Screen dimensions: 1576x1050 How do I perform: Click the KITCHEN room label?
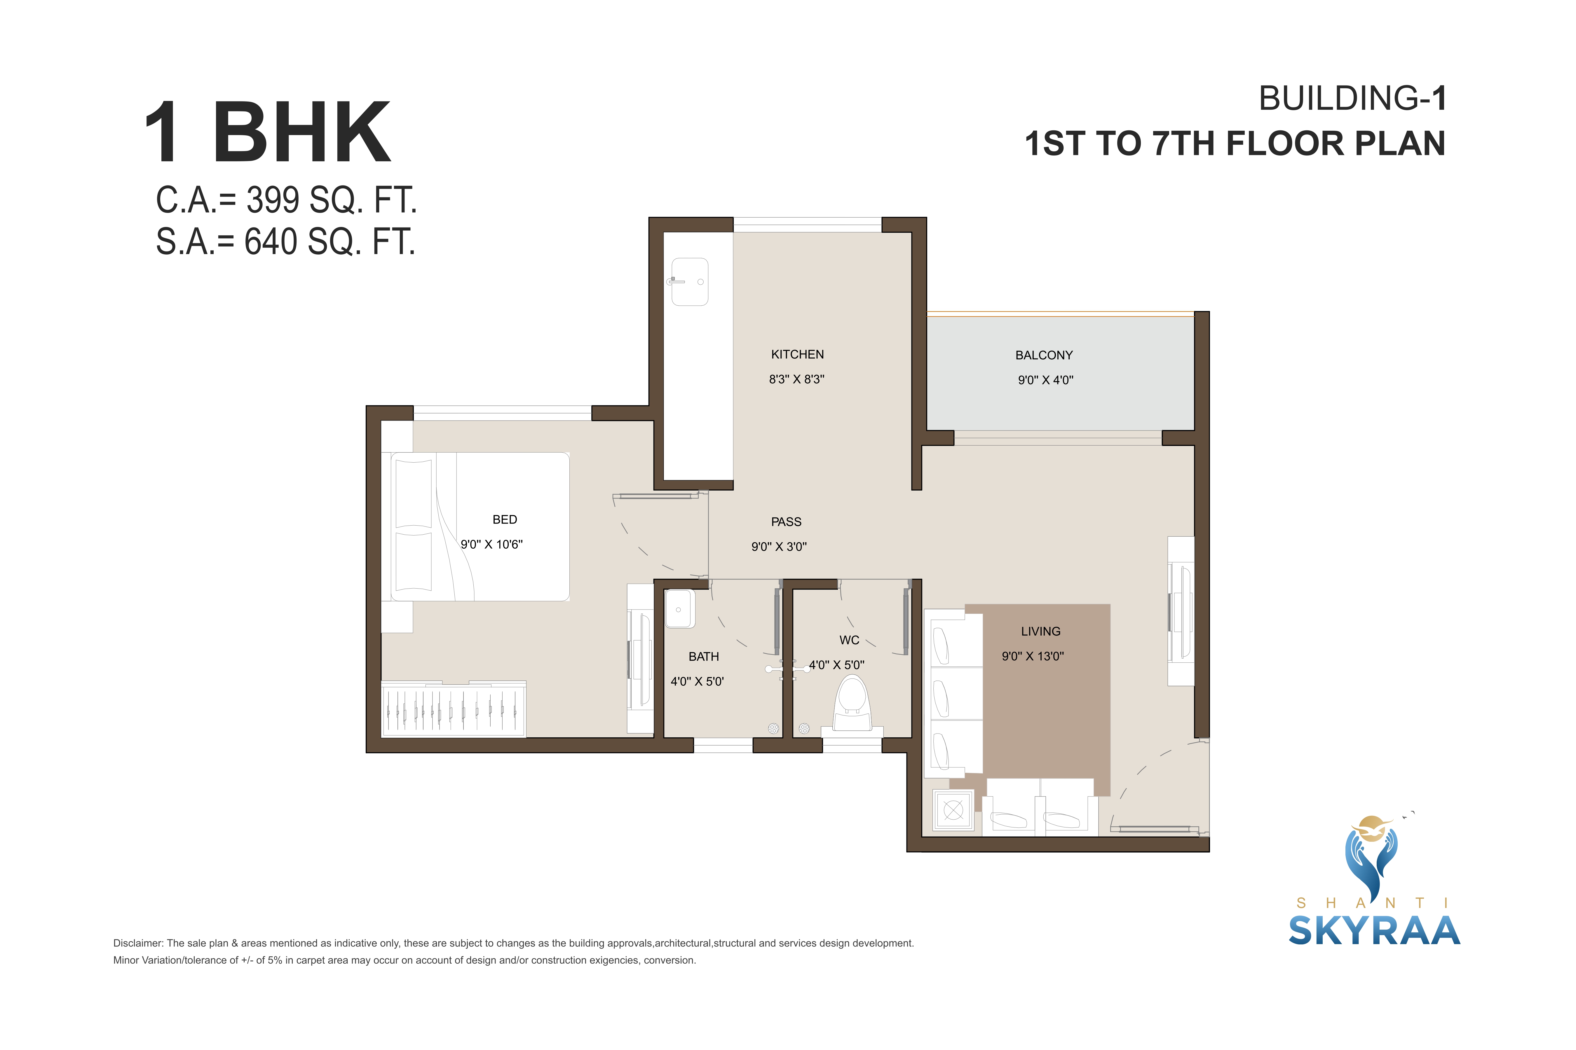[797, 354]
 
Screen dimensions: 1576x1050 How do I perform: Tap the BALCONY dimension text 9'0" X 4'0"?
[1045, 380]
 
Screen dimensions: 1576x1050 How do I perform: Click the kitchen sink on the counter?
[689, 282]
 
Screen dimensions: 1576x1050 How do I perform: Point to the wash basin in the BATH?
[679, 609]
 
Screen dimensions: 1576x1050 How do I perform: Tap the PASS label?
[786, 522]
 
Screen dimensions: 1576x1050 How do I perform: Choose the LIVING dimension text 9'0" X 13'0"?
[1033, 656]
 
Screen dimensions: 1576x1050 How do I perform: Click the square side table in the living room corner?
[953, 810]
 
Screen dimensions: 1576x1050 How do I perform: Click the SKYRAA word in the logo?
[1374, 931]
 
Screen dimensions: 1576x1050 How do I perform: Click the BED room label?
[505, 520]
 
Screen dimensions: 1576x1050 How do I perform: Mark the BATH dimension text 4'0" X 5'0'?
[697, 682]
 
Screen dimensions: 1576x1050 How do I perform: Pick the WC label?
[849, 640]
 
